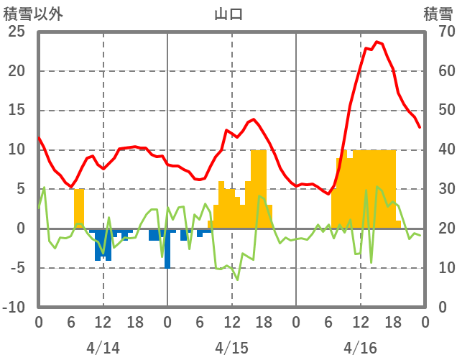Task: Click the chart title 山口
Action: point(228,14)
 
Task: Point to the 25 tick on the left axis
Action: point(17,32)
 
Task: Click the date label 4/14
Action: point(103,348)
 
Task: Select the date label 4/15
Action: point(231,348)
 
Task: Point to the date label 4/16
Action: point(360,348)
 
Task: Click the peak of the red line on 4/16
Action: point(377,42)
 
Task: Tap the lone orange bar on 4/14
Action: point(79,208)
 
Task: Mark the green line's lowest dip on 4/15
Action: point(237,280)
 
